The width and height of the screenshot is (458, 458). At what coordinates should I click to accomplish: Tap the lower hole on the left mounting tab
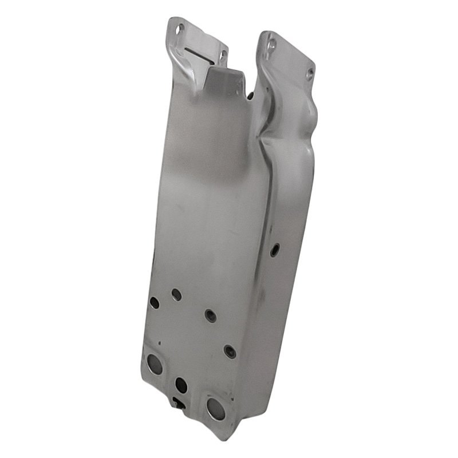click(x=223, y=55)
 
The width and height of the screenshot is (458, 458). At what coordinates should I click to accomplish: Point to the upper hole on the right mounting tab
click(x=272, y=44)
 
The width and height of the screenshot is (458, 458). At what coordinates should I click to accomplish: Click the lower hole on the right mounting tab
click(x=310, y=73)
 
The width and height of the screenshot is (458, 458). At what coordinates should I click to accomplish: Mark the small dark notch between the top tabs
click(x=251, y=94)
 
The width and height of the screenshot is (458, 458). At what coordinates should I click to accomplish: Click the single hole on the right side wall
click(x=275, y=249)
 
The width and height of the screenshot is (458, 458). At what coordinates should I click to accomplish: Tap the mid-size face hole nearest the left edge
click(x=155, y=303)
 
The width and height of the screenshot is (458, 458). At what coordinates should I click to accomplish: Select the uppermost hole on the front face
click(x=176, y=294)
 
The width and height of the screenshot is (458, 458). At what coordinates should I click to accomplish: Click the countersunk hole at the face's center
click(x=210, y=315)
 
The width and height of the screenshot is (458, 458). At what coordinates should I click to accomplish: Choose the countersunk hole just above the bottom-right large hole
click(x=230, y=352)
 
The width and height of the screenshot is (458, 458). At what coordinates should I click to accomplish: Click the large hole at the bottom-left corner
click(x=155, y=362)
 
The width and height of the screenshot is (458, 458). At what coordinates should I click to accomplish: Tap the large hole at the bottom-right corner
click(x=216, y=408)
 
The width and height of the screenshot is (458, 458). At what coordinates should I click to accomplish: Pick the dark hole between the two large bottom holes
click(x=181, y=385)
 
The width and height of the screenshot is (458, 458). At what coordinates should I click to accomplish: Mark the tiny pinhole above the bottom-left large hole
click(x=160, y=343)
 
